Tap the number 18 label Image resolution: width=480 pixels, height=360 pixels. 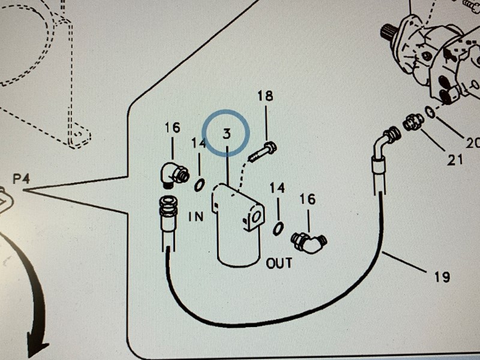coord(265,96)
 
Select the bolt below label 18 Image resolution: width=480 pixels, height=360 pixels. coord(262,151)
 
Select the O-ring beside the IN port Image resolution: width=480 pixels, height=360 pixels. coord(199,185)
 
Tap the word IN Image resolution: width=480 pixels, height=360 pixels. coord(196,217)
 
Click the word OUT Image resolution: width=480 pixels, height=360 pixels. coord(279,263)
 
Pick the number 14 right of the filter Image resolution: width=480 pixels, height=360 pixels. coord(277,188)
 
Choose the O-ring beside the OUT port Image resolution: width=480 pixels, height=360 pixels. coord(278,229)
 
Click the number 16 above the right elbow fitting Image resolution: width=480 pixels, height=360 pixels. coord(307,199)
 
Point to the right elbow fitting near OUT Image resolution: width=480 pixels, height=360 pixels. coord(309,242)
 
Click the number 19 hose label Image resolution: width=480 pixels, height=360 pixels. coord(441,277)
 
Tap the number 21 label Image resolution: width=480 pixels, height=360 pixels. coord(454,160)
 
